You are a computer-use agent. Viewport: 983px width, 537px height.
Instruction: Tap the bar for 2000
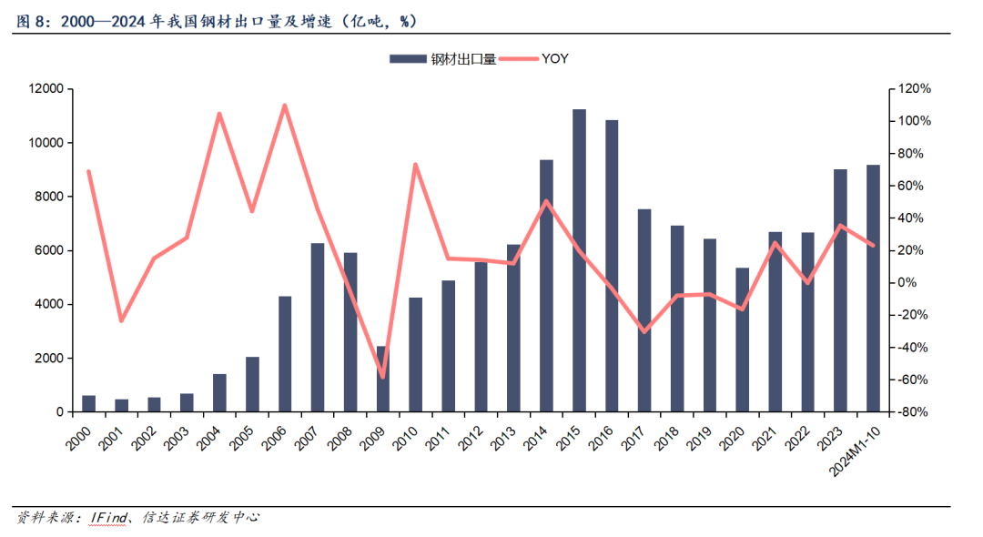tap(88, 404)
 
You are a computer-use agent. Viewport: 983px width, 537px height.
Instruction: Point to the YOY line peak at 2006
tap(284, 106)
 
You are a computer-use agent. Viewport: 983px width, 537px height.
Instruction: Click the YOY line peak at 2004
tap(219, 114)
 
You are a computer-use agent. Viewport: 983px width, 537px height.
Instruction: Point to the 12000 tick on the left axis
tap(46, 89)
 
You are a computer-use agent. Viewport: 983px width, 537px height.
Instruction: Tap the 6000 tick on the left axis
tap(49, 250)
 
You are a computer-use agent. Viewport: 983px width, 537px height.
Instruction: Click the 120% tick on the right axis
tap(914, 89)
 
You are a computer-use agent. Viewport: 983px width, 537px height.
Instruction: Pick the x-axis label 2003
tap(178, 439)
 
